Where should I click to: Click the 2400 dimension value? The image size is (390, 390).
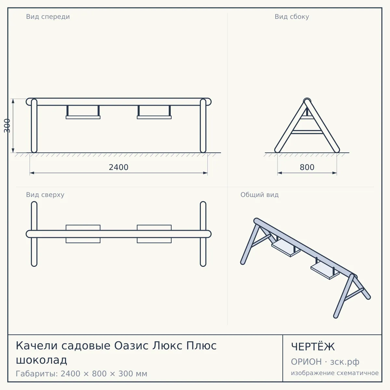coord(119,167)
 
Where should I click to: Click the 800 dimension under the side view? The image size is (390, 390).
coord(307,167)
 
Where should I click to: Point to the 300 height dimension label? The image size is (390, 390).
coord(7,126)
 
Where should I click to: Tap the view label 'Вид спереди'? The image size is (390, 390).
coord(48,17)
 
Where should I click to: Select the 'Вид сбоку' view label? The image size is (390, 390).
coord(292,17)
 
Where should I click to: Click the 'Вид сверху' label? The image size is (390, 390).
coord(45,195)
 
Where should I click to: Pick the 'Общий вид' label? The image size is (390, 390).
coord(259,195)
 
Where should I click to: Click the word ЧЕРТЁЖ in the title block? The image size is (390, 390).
coord(313,347)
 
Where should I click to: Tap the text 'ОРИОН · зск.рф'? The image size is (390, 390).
coord(325,362)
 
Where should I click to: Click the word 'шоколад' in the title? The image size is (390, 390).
coord(42,360)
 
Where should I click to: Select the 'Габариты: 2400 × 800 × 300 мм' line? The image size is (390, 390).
coord(81,374)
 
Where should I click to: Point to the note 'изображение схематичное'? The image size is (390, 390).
coord(335,373)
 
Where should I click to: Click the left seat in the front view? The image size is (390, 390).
coord(83,117)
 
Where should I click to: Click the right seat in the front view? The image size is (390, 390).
coord(154,117)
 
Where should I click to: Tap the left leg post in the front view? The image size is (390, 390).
coord(34,126)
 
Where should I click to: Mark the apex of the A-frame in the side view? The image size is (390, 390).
coord(307,100)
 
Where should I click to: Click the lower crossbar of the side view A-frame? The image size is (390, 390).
coord(307,132)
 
